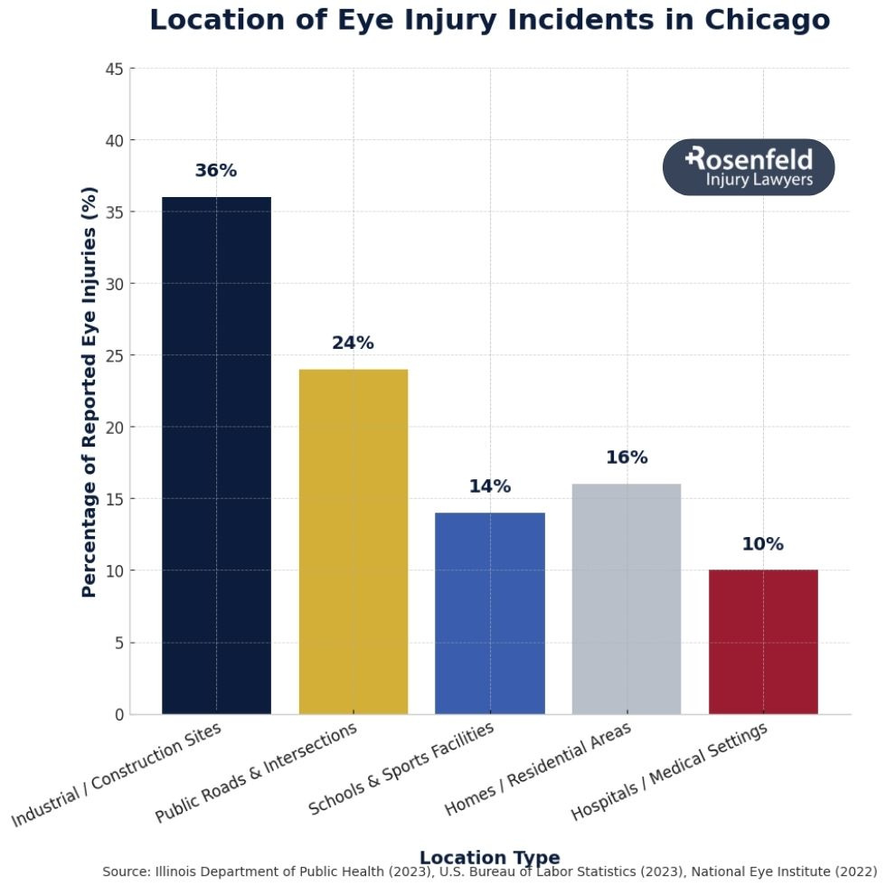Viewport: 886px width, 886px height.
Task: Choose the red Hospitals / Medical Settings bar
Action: (763, 641)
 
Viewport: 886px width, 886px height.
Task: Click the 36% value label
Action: (216, 171)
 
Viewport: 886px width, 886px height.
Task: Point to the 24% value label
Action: (353, 344)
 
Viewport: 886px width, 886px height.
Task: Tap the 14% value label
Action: (490, 486)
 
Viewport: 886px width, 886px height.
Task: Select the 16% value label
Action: (627, 457)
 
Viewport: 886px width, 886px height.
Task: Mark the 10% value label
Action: (763, 544)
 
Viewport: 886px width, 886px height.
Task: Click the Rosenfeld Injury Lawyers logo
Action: (749, 167)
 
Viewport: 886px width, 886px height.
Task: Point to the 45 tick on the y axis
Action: (115, 69)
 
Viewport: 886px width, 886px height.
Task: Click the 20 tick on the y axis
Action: (115, 428)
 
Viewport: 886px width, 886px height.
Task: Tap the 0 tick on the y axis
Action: (119, 715)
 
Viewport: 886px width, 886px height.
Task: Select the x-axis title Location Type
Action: (489, 857)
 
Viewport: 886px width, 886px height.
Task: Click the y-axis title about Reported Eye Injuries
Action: (89, 391)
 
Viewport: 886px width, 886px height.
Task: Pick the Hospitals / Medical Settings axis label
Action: (670, 772)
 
